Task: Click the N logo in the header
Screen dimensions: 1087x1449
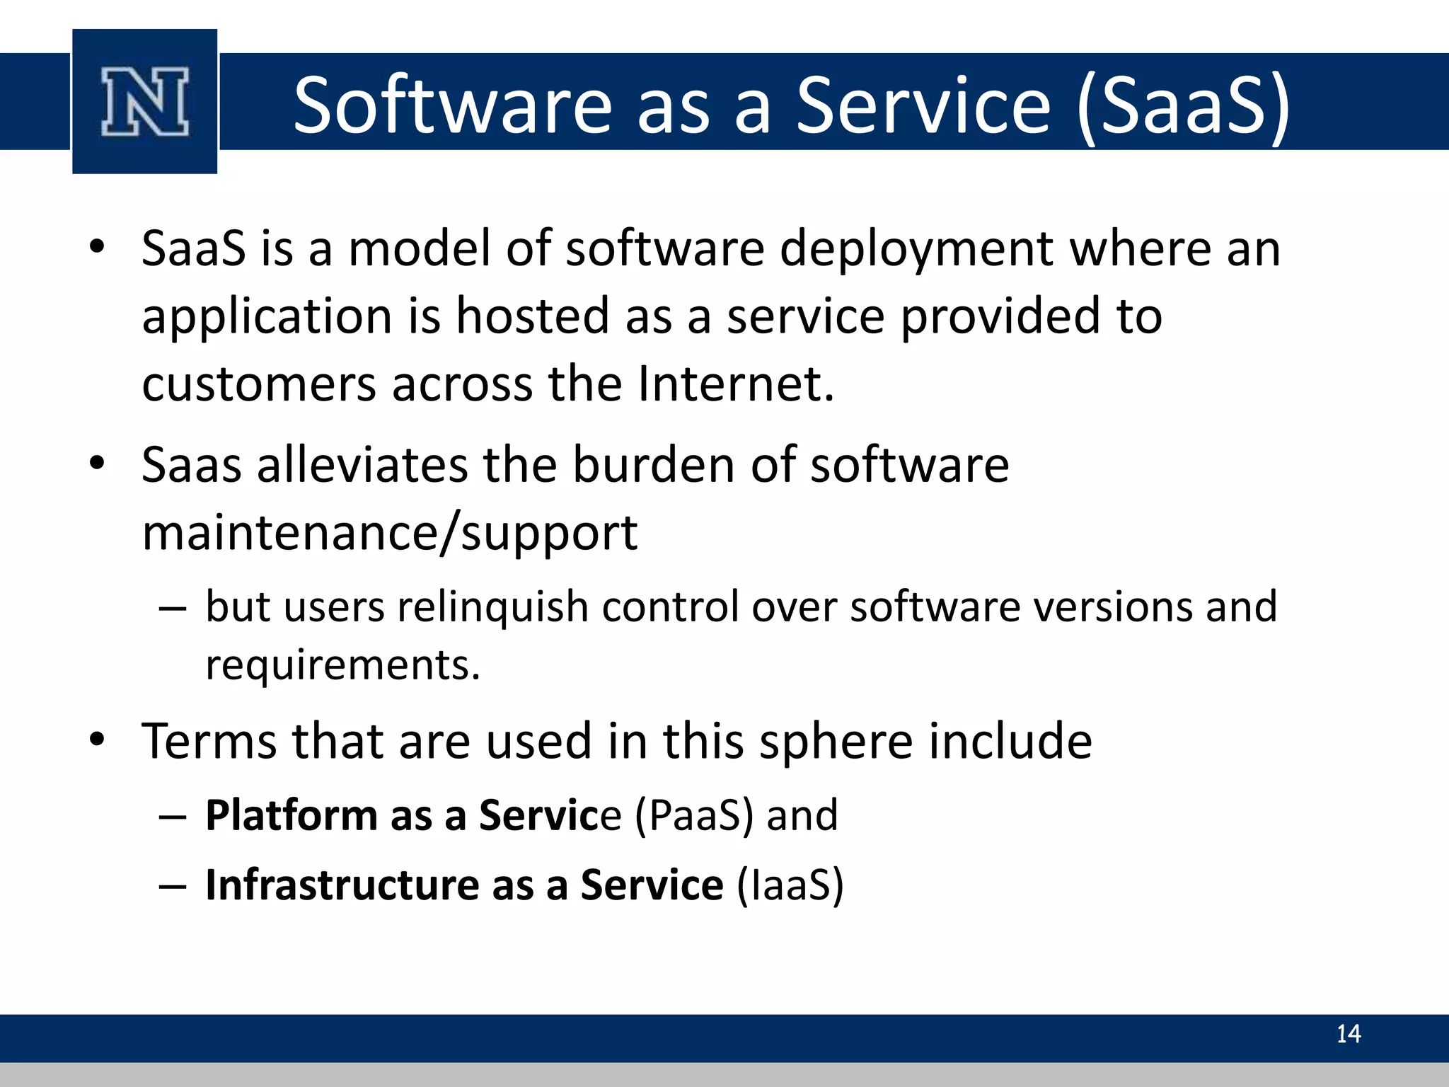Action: (x=145, y=101)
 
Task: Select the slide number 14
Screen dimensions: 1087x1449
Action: (x=1348, y=1034)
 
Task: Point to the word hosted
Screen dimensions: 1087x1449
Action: (x=532, y=316)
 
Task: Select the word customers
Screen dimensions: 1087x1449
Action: (x=258, y=384)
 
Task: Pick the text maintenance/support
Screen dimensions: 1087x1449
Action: (x=389, y=533)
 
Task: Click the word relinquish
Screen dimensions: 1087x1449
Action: (x=493, y=607)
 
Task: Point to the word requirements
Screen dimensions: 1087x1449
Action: (x=342, y=665)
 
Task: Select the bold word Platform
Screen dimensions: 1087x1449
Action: (x=291, y=815)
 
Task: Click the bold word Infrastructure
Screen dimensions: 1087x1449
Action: (x=342, y=885)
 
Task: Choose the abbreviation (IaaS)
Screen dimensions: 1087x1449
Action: (x=790, y=885)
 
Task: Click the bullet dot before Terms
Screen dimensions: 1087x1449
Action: (x=98, y=740)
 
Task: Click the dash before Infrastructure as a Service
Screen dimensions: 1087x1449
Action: (x=173, y=886)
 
